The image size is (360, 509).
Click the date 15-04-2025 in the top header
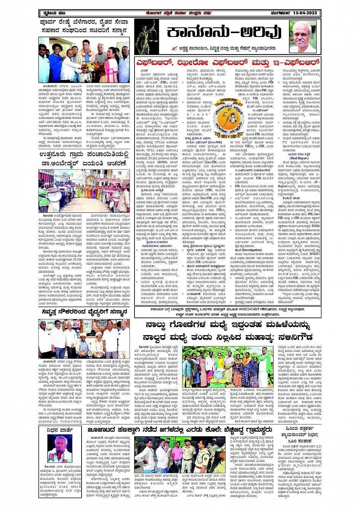pos(305,13)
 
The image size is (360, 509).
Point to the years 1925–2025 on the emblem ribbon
pos(228,135)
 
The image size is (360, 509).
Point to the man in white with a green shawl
pos(264,368)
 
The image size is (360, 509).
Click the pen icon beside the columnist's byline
pos(175,48)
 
